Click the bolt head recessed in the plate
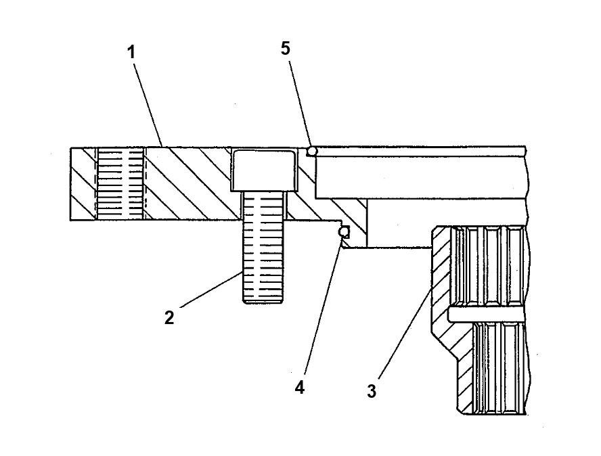[264, 170]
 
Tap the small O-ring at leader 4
[344, 232]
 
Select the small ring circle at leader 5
[312, 150]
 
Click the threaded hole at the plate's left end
[120, 183]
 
